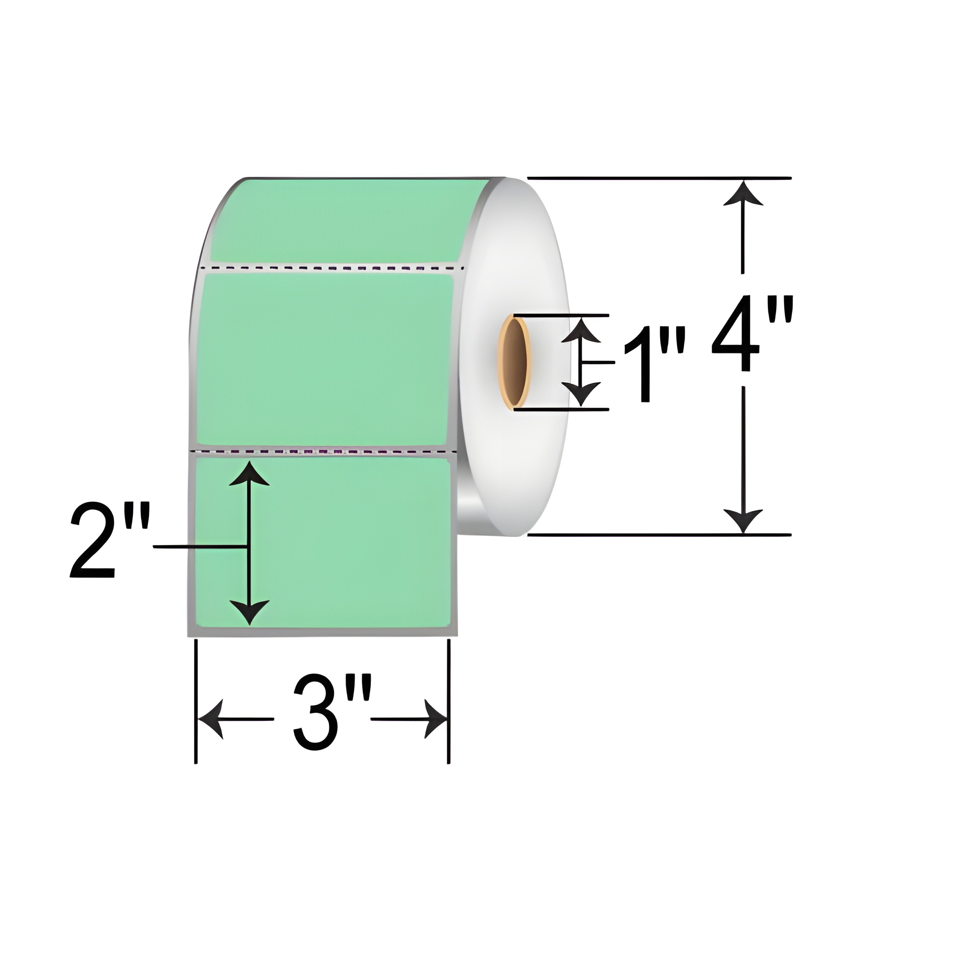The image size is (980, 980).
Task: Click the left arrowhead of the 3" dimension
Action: tap(211, 719)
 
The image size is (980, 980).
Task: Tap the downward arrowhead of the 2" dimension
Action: tap(248, 611)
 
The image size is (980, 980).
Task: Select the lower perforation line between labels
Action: tap(325, 450)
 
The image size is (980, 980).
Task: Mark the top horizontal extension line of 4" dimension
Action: tap(660, 178)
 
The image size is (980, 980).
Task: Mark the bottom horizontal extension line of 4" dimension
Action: tap(660, 535)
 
